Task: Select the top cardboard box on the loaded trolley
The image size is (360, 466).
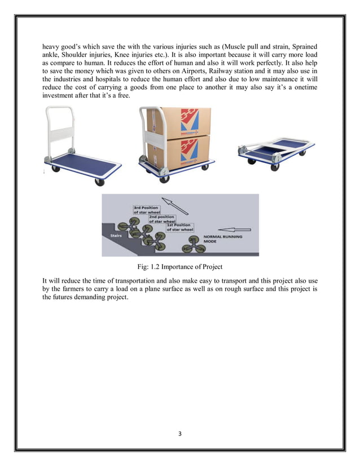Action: [x=179, y=121]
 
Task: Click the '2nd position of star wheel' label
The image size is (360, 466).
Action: [x=161, y=219]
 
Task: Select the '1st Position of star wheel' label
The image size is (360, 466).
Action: [x=181, y=227]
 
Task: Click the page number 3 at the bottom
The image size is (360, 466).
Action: [x=180, y=436]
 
